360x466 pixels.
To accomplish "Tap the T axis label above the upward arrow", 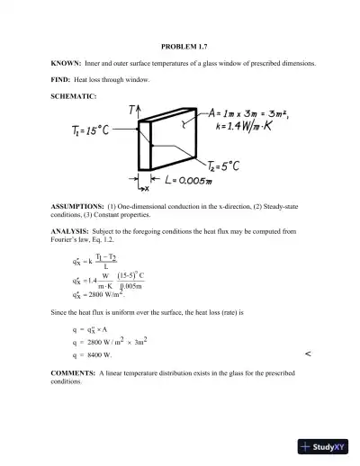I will pyautogui.click(x=132, y=110).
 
